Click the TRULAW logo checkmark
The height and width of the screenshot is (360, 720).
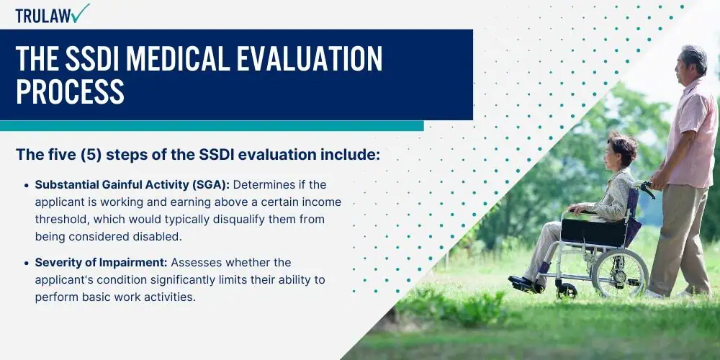point(81,13)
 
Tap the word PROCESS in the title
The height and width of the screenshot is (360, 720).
point(71,91)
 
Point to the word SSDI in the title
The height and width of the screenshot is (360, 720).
point(91,58)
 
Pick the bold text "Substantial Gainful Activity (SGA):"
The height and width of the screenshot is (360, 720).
point(132,185)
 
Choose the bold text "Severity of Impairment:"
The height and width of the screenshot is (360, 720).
point(102,263)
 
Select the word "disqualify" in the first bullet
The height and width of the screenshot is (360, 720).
point(239,220)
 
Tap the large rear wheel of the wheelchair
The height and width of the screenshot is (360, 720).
point(619,273)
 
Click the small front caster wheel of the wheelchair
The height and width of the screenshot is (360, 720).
point(566,291)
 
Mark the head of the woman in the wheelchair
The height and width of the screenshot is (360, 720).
point(621,151)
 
